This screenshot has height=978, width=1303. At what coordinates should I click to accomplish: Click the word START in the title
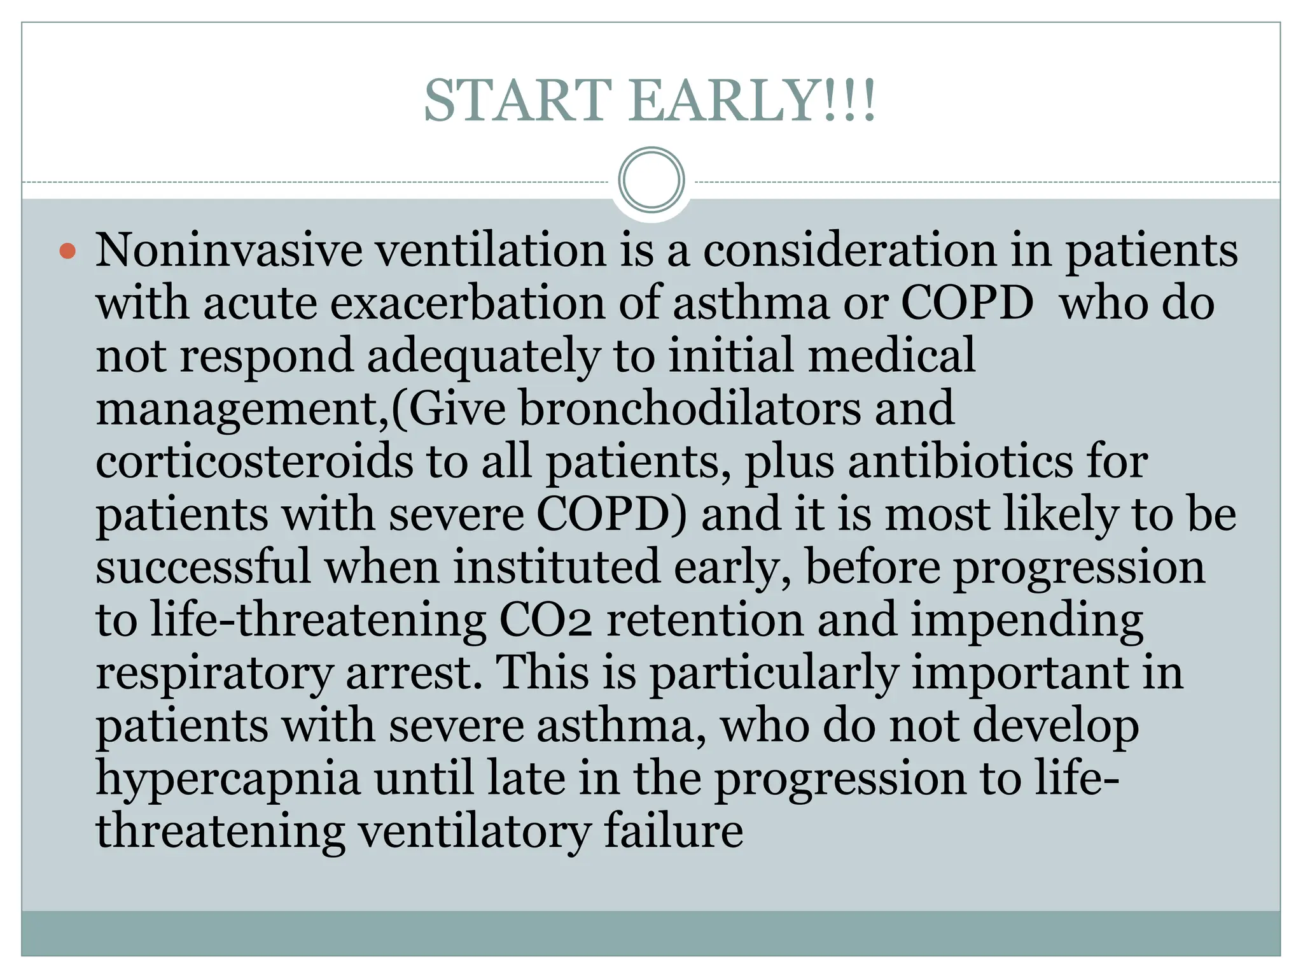518,101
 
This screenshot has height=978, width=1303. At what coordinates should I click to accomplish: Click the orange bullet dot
67,251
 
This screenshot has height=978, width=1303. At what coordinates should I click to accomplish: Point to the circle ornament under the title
651,180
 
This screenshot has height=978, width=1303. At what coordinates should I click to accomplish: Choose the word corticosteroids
254,461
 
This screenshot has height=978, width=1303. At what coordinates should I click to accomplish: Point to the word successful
204,567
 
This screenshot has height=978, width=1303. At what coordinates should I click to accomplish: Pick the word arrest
414,672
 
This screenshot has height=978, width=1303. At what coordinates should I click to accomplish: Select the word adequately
484,356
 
